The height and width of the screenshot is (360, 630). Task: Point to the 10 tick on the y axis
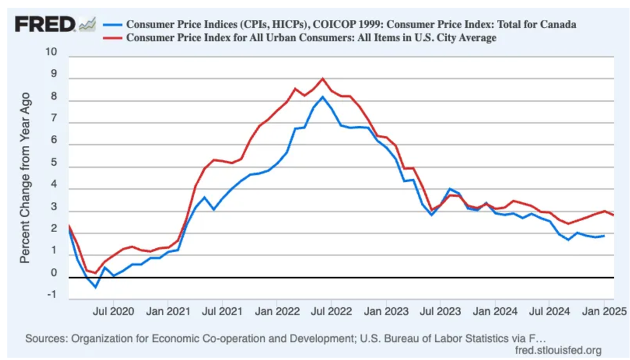coord(52,52)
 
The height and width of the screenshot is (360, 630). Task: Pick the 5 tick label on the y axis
coord(54,163)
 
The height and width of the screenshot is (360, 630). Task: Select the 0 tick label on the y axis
coord(54,273)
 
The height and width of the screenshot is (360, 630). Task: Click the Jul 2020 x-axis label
coord(113,312)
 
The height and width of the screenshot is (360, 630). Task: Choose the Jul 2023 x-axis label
coord(440,312)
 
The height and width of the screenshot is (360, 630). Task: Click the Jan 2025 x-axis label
coord(604,312)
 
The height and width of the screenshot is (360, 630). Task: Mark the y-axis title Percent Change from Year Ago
coord(25,177)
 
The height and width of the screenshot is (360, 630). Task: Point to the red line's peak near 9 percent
coord(323,78)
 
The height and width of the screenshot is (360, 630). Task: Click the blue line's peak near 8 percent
coord(323,97)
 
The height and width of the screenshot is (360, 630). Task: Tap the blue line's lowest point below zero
coord(96,287)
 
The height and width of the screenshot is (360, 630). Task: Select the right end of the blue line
coord(604,236)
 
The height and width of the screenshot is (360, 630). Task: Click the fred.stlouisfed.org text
coord(559,350)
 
